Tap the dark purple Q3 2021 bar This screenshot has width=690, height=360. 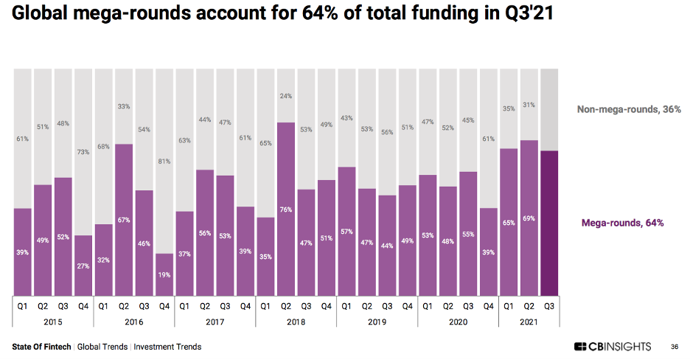point(550,221)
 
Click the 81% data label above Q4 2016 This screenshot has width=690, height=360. point(164,162)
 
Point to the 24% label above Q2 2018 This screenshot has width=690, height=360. point(285,96)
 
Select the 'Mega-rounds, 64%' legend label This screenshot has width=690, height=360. point(623,222)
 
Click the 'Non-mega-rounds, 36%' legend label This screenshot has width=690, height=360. point(629,109)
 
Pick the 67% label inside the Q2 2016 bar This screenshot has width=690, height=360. point(124,220)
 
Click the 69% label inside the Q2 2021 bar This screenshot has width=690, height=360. point(529,218)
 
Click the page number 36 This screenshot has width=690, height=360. point(675,347)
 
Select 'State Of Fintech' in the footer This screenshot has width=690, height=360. point(41,347)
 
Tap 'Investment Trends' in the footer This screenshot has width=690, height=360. point(167,347)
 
